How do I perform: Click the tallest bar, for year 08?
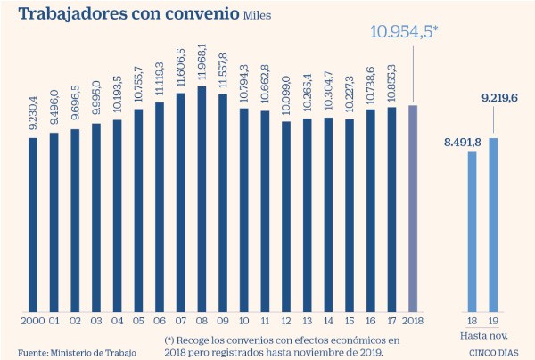[202, 199]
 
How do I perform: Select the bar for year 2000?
[33, 225]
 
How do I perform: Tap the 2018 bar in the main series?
[413, 209]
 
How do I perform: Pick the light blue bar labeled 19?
[493, 225]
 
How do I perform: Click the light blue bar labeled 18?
[473, 232]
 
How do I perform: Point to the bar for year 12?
[286, 217]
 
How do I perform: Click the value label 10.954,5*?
[404, 32]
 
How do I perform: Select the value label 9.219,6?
[499, 98]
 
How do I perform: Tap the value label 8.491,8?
[463, 143]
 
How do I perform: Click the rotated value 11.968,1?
[202, 61]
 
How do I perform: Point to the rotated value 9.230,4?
[33, 113]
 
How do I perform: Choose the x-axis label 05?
[138, 321]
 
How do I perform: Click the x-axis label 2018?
[413, 321]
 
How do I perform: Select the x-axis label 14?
[328, 321]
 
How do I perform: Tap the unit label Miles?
[258, 16]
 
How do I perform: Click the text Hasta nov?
[484, 336]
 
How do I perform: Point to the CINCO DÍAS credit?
[494, 353]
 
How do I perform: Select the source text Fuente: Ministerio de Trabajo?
[77, 353]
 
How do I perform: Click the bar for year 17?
[391, 209]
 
